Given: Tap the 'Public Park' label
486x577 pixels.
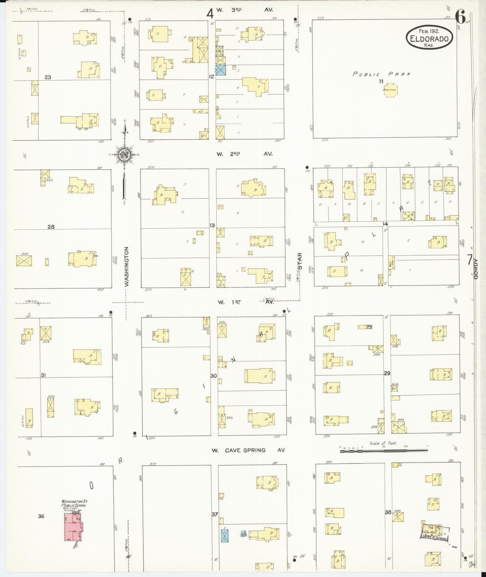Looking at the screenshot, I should [381, 74].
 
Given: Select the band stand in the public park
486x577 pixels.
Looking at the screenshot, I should [390, 90].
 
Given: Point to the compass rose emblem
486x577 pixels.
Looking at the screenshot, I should [124, 155].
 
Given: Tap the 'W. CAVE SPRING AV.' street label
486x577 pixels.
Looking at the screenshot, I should [248, 450].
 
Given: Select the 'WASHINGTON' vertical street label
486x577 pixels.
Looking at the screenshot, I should [127, 267].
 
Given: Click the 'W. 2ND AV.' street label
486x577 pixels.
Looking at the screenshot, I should [244, 154].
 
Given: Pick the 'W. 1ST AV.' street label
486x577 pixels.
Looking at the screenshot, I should [245, 302].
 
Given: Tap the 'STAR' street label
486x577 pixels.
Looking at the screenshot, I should [300, 261].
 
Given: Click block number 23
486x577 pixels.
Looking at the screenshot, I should [48, 77].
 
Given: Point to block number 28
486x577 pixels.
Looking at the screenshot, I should [51, 227].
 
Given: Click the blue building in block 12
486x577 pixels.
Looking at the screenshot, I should [221, 70].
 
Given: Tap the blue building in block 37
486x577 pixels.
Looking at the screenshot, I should [225, 536].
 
